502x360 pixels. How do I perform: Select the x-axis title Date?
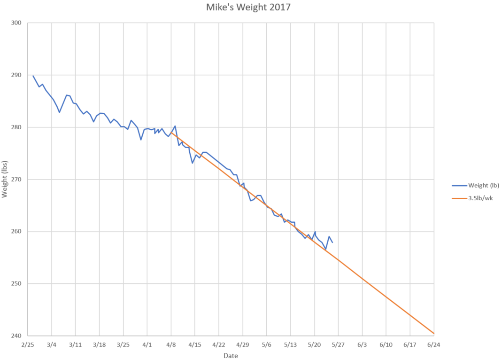[x=230, y=356]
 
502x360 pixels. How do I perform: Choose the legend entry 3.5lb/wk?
[x=480, y=198]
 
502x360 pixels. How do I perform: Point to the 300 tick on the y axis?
[x=18, y=23]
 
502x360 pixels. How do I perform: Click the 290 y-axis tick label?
[x=18, y=75]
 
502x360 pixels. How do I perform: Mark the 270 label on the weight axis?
[x=18, y=180]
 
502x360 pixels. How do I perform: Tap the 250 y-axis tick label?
[x=18, y=284]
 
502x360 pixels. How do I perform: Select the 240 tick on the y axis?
[x=18, y=336]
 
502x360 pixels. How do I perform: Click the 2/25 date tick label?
[x=28, y=344]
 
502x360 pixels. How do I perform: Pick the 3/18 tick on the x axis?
[x=100, y=344]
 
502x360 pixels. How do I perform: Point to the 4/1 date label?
[x=147, y=344]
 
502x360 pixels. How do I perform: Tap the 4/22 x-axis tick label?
[x=219, y=344]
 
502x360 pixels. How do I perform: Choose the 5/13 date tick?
[x=290, y=344]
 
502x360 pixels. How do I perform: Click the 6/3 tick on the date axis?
[x=362, y=344]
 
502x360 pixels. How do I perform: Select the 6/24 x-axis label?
[x=433, y=344]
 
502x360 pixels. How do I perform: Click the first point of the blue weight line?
[x=33, y=76]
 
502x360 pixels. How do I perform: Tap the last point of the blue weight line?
[x=332, y=243]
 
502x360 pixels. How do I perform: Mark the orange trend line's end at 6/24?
[x=433, y=334]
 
